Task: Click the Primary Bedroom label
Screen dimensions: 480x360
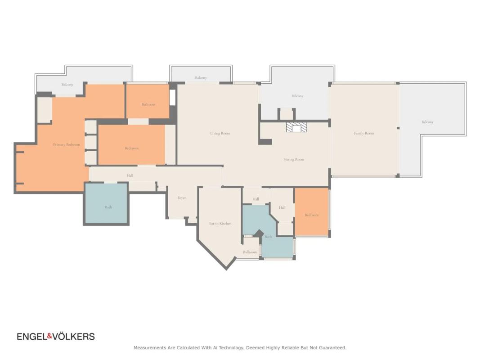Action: pyautogui.click(x=67, y=144)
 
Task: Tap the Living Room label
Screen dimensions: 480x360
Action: pyautogui.click(x=220, y=133)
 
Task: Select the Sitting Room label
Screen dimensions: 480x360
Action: pyautogui.click(x=294, y=159)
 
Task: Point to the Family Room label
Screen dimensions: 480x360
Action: pyautogui.click(x=364, y=133)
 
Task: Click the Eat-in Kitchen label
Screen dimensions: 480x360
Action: pyautogui.click(x=220, y=224)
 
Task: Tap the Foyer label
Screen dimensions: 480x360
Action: pyautogui.click(x=182, y=198)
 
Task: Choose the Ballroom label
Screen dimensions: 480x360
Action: pyautogui.click(x=250, y=252)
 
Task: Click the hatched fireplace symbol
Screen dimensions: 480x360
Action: pyautogui.click(x=296, y=127)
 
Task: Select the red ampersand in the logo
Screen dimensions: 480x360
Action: pyautogui.click(x=49, y=337)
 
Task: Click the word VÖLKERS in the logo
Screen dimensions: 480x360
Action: pyautogui.click(x=73, y=337)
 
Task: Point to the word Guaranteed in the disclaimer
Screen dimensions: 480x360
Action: pyautogui.click(x=333, y=348)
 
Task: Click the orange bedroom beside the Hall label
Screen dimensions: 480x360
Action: pyautogui.click(x=312, y=212)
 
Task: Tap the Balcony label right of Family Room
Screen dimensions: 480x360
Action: pyautogui.click(x=427, y=122)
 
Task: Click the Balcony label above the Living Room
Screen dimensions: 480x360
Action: pyautogui.click(x=201, y=78)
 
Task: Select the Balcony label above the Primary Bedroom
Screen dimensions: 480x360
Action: pyautogui.click(x=67, y=85)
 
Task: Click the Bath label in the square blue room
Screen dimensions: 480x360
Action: pyautogui.click(x=108, y=207)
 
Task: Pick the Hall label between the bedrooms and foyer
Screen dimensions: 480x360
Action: pyautogui.click(x=130, y=175)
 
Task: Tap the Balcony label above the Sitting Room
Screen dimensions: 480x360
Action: pyautogui.click(x=297, y=96)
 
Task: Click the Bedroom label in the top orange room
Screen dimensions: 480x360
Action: pyautogui.click(x=148, y=104)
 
